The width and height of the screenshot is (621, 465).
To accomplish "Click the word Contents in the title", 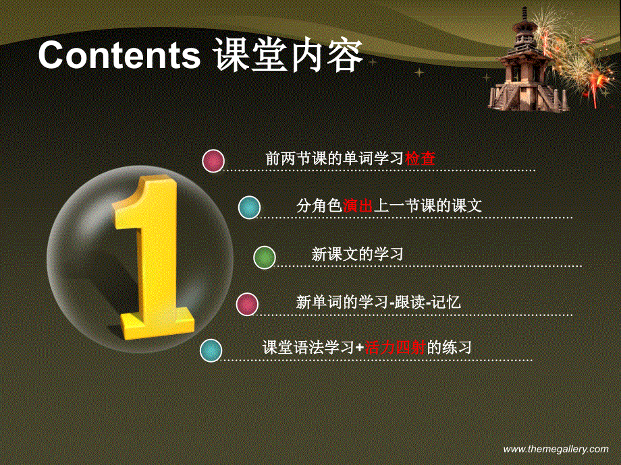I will pos(119,56).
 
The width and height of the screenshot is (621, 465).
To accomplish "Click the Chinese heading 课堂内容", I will pos(288,56).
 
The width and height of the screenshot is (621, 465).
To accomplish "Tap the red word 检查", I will pos(420,159).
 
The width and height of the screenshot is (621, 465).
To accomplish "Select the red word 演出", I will pos(358,206).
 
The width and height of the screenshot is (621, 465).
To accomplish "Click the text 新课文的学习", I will pos(357,255).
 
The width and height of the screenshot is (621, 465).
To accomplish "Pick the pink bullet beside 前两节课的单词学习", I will pos(213,161).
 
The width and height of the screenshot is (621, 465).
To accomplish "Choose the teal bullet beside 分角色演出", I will pos(249,208).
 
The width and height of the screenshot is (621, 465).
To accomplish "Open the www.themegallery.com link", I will pos(556,449).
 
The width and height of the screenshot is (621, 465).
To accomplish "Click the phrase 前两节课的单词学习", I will pos(335,159).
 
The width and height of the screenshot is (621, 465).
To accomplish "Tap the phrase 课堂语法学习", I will pos(308,348).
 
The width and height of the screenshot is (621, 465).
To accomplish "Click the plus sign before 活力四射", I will pos(360,348).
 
